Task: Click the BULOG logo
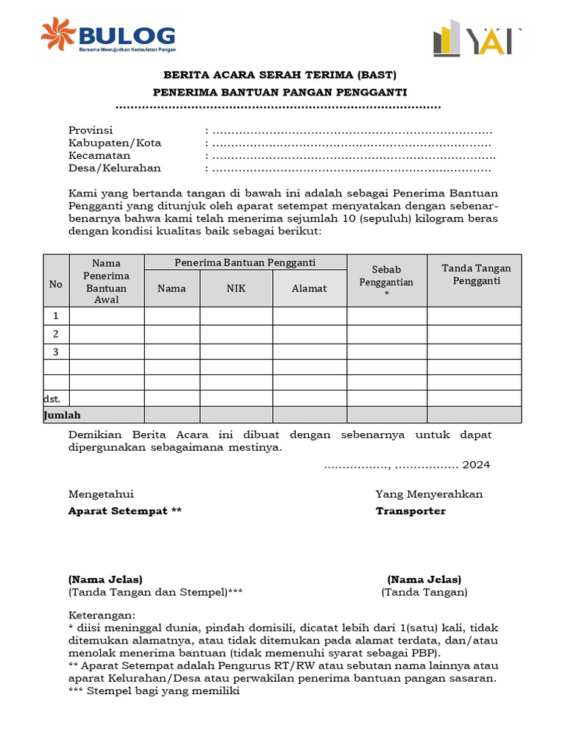click(108, 36)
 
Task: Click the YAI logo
click(477, 38)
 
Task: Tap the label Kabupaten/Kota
click(115, 143)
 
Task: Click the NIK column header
click(235, 288)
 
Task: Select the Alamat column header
click(309, 288)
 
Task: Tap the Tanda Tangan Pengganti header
click(476, 274)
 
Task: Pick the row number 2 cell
click(56, 334)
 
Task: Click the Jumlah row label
click(63, 415)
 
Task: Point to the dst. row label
click(51, 399)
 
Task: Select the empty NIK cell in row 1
click(235, 316)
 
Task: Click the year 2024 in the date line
click(476, 465)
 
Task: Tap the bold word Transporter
click(411, 511)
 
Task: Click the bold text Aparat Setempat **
click(124, 511)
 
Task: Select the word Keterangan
click(102, 615)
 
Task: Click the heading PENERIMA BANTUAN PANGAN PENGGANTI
click(280, 92)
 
